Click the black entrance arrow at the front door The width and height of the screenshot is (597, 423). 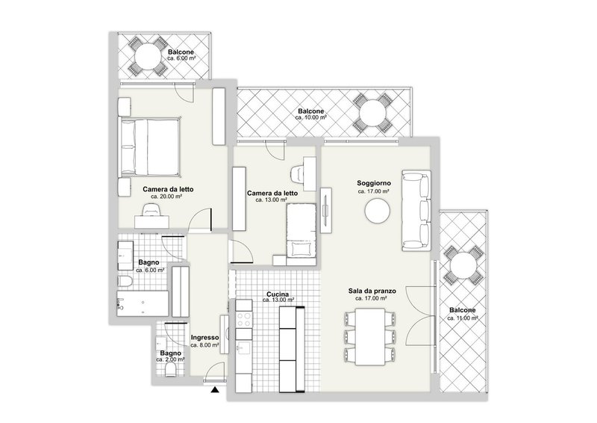coord(215,389)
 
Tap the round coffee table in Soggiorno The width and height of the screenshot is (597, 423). coord(376,211)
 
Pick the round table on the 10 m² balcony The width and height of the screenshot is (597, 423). coord(371,114)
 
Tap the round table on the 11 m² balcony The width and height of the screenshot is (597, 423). coord(462,267)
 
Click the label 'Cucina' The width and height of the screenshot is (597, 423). coord(277,294)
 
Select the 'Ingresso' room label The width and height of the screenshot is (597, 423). coord(204,338)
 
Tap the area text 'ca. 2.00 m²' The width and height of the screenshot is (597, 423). coord(169,359)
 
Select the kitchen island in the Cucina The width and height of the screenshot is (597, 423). coord(290,348)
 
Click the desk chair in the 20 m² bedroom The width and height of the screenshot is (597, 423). coord(151,212)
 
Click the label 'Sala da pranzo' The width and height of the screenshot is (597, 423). coord(372,291)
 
